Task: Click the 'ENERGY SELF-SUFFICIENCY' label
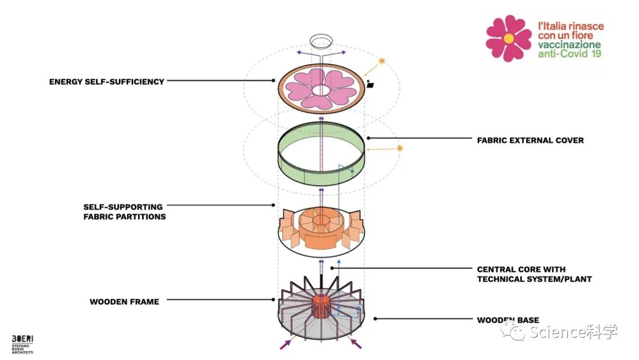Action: (106, 82)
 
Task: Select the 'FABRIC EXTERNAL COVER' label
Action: (530, 140)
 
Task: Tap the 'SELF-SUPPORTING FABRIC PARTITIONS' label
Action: (124, 212)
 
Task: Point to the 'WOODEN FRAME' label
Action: (124, 302)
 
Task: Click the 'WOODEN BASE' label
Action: (508, 320)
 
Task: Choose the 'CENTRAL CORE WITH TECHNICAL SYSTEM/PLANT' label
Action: (534, 274)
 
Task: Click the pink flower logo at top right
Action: (508, 38)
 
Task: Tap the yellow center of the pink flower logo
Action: (508, 38)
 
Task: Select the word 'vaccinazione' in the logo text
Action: (569, 45)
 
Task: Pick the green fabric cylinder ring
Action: (321, 155)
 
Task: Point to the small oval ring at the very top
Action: (321, 41)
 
